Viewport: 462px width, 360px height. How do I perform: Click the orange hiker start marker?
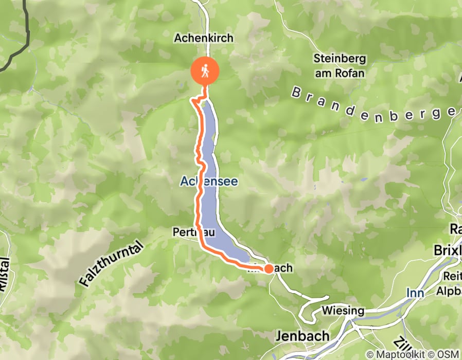coord(206,71)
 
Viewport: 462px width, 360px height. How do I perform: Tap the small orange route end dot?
coord(269,268)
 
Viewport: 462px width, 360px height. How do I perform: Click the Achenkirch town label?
coord(204,38)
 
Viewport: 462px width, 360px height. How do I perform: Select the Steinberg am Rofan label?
coord(340,66)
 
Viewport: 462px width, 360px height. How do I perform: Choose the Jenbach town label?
coord(303,336)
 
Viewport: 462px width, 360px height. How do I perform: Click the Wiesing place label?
coord(343,311)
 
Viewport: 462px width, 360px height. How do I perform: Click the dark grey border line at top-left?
coord(26,31)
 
